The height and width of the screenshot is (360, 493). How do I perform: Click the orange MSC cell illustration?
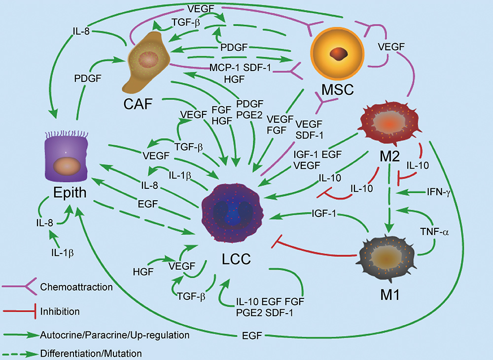click(338, 53)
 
